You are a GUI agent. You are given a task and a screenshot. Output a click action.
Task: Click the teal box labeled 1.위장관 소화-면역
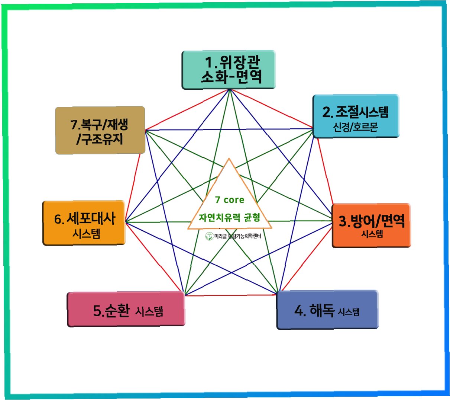click(x=229, y=70)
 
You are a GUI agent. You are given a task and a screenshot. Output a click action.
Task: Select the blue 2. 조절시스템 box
click(x=356, y=116)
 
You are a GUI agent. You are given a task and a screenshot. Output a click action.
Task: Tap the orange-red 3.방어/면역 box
click(x=371, y=225)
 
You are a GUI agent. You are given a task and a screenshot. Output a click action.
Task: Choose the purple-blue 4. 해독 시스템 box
click(x=327, y=310)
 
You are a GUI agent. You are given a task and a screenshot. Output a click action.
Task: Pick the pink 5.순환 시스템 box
click(x=126, y=310)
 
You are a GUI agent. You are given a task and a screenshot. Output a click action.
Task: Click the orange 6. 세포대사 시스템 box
click(x=84, y=223)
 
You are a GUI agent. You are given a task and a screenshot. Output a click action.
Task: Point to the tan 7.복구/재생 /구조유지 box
click(x=100, y=130)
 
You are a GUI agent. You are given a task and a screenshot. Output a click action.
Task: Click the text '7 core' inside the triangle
click(x=230, y=200)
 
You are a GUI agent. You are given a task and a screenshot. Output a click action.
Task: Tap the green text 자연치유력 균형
click(x=229, y=217)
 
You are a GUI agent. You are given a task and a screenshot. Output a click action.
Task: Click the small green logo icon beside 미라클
click(x=209, y=236)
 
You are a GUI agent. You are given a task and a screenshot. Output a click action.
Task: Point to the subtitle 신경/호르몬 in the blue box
click(x=356, y=127)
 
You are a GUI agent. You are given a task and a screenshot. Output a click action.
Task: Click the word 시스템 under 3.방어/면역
click(x=372, y=234)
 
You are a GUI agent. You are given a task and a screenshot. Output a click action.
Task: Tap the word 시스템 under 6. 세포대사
click(x=86, y=234)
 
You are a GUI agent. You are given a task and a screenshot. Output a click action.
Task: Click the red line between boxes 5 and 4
click(x=230, y=295)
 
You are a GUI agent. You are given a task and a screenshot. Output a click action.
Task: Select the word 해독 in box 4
click(x=322, y=310)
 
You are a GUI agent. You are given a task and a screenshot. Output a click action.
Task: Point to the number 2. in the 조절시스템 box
click(x=327, y=112)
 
